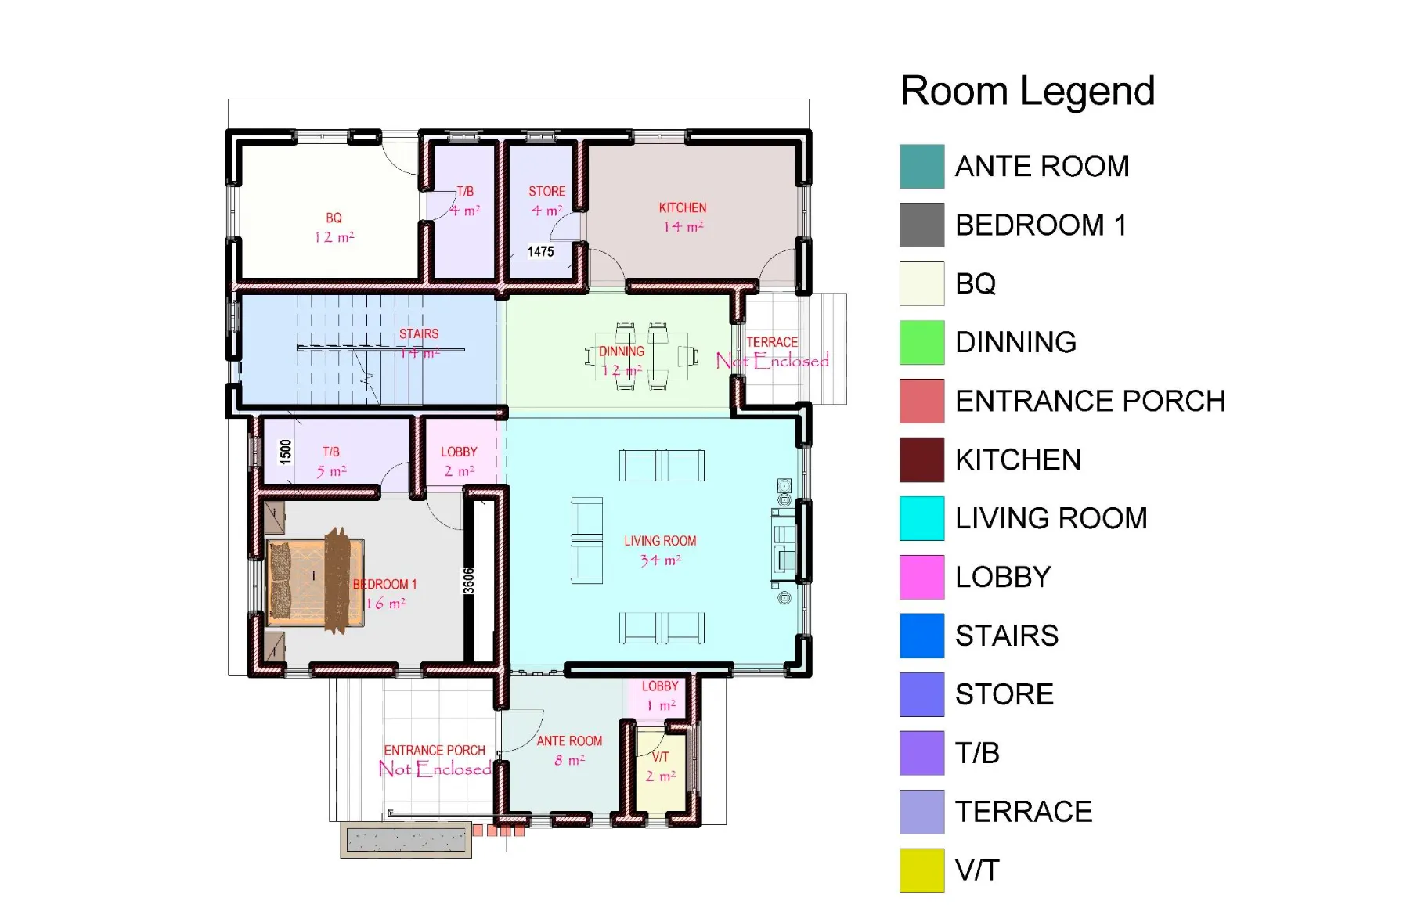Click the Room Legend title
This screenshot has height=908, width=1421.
click(x=1027, y=91)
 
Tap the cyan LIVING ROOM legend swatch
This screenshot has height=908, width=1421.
click(x=921, y=518)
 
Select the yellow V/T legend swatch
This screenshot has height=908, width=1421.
click(x=921, y=870)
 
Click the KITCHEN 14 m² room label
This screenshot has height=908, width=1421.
click(x=683, y=217)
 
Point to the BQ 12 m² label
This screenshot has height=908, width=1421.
click(x=334, y=227)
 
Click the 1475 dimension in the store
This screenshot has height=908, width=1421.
click(x=540, y=251)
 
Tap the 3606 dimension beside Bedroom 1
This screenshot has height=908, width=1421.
click(x=468, y=580)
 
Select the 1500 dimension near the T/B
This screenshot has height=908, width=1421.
click(x=286, y=451)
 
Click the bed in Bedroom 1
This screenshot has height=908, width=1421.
click(x=316, y=582)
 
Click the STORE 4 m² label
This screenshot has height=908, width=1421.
click(x=546, y=200)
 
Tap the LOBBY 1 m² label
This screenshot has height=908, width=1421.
click(x=659, y=695)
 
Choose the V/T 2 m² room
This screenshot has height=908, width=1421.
click(x=660, y=767)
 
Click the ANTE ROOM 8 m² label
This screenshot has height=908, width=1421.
click(x=569, y=750)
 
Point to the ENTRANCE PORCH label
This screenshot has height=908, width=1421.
click(x=435, y=759)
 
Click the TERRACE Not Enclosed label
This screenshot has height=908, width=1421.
click(x=772, y=352)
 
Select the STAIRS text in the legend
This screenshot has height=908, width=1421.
click(x=1006, y=636)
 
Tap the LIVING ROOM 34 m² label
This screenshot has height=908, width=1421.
click(x=660, y=550)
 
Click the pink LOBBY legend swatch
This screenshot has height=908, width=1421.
click(x=921, y=577)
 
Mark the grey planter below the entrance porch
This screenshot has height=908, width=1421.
click(x=406, y=841)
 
